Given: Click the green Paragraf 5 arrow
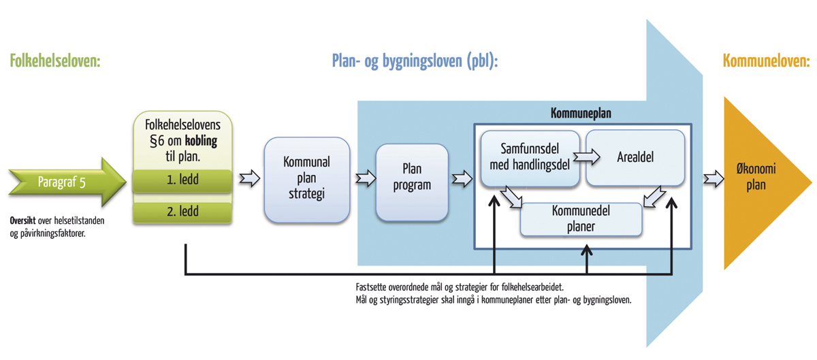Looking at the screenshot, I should tap(65, 182).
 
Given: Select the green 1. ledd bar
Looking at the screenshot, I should tap(182, 182).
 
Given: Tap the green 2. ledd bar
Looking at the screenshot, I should tap(182, 212).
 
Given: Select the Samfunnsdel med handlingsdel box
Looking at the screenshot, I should tap(529, 158).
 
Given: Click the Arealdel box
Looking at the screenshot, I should tap(635, 158).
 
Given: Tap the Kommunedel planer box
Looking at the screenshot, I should tap(581, 219).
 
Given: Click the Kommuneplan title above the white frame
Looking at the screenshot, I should tap(581, 114).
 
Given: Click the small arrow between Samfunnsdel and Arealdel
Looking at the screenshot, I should tap(586, 157).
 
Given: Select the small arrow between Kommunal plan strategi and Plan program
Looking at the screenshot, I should tap(366, 179).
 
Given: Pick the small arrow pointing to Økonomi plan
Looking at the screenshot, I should tap(714, 179).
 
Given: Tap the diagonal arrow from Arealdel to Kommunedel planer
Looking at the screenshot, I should tap(654, 198).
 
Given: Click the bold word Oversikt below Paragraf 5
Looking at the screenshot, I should tap(26, 221).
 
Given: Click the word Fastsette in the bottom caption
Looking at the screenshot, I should tap(374, 286).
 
